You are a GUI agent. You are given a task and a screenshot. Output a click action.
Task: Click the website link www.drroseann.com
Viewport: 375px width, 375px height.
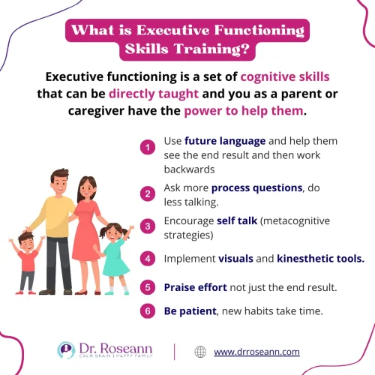pos(256,351)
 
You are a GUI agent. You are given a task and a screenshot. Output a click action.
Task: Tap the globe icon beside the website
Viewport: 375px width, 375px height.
pos(199,351)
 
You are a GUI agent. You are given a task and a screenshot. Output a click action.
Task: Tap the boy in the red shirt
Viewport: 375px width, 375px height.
pos(28,258)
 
